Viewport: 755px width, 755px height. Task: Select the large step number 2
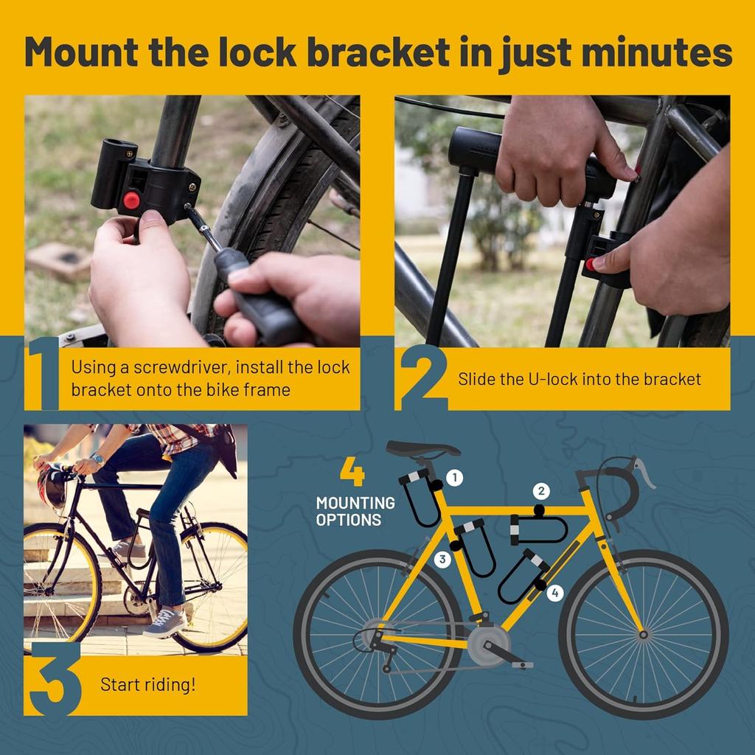422,377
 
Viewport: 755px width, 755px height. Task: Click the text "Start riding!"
148,684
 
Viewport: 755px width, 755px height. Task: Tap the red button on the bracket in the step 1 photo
132,200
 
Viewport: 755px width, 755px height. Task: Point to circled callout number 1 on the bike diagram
455,478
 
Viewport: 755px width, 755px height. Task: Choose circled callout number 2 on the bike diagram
542,491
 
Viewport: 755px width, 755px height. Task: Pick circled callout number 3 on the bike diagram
442,559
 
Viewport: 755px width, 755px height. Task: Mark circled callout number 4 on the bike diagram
555,591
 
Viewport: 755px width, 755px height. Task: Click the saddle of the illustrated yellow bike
422,448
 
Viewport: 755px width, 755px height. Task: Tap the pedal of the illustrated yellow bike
522,664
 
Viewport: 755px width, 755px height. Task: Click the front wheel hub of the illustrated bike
644,633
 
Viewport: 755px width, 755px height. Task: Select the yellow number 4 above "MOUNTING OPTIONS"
352,473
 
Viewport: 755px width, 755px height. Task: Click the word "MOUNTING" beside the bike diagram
355,504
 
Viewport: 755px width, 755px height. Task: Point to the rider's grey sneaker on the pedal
164,623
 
